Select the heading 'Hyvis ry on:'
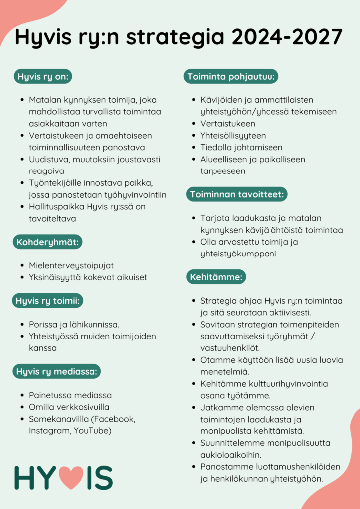point(43,77)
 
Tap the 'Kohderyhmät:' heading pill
point(47,242)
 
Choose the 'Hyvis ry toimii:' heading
point(47,301)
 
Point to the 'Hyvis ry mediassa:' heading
point(58,371)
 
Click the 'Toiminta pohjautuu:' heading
point(231,77)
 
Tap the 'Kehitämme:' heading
point(216,277)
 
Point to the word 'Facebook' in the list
point(117,419)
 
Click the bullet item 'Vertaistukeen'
point(227,124)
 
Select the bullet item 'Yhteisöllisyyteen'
point(233,136)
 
